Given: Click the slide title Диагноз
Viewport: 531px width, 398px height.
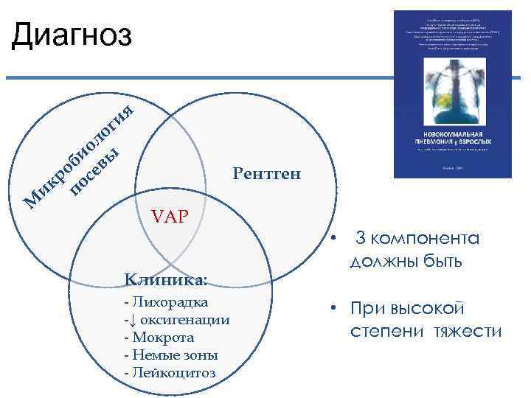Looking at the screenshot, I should click(72, 35).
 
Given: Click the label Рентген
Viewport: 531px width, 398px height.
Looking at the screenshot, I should click(266, 174).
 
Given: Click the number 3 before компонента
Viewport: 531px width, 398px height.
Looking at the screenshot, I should click(361, 239).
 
